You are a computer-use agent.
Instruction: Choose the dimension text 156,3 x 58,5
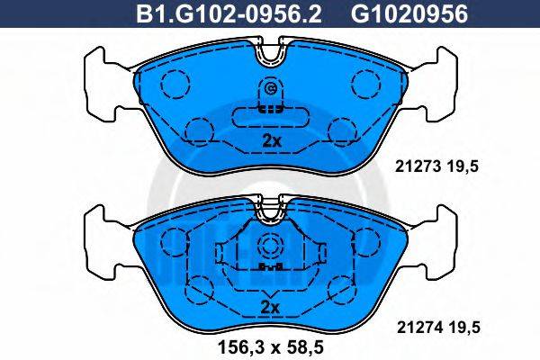pyautogui.click(x=270, y=342)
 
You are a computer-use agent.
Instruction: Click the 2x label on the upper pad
pyautogui.click(x=270, y=141)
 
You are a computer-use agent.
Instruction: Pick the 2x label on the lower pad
pyautogui.click(x=270, y=307)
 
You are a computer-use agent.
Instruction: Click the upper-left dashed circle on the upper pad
pyautogui.click(x=172, y=85)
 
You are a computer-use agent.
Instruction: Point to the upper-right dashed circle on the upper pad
pyautogui.click(x=366, y=85)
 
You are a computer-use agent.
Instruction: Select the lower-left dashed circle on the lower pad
pyautogui.click(x=196, y=291)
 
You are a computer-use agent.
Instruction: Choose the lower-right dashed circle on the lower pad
pyautogui.click(x=343, y=291)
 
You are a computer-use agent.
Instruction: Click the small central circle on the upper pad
pyautogui.click(x=270, y=89)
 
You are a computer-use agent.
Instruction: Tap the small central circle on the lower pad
pyautogui.click(x=270, y=247)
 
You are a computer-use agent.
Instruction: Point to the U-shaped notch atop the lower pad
pyautogui.click(x=270, y=213)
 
